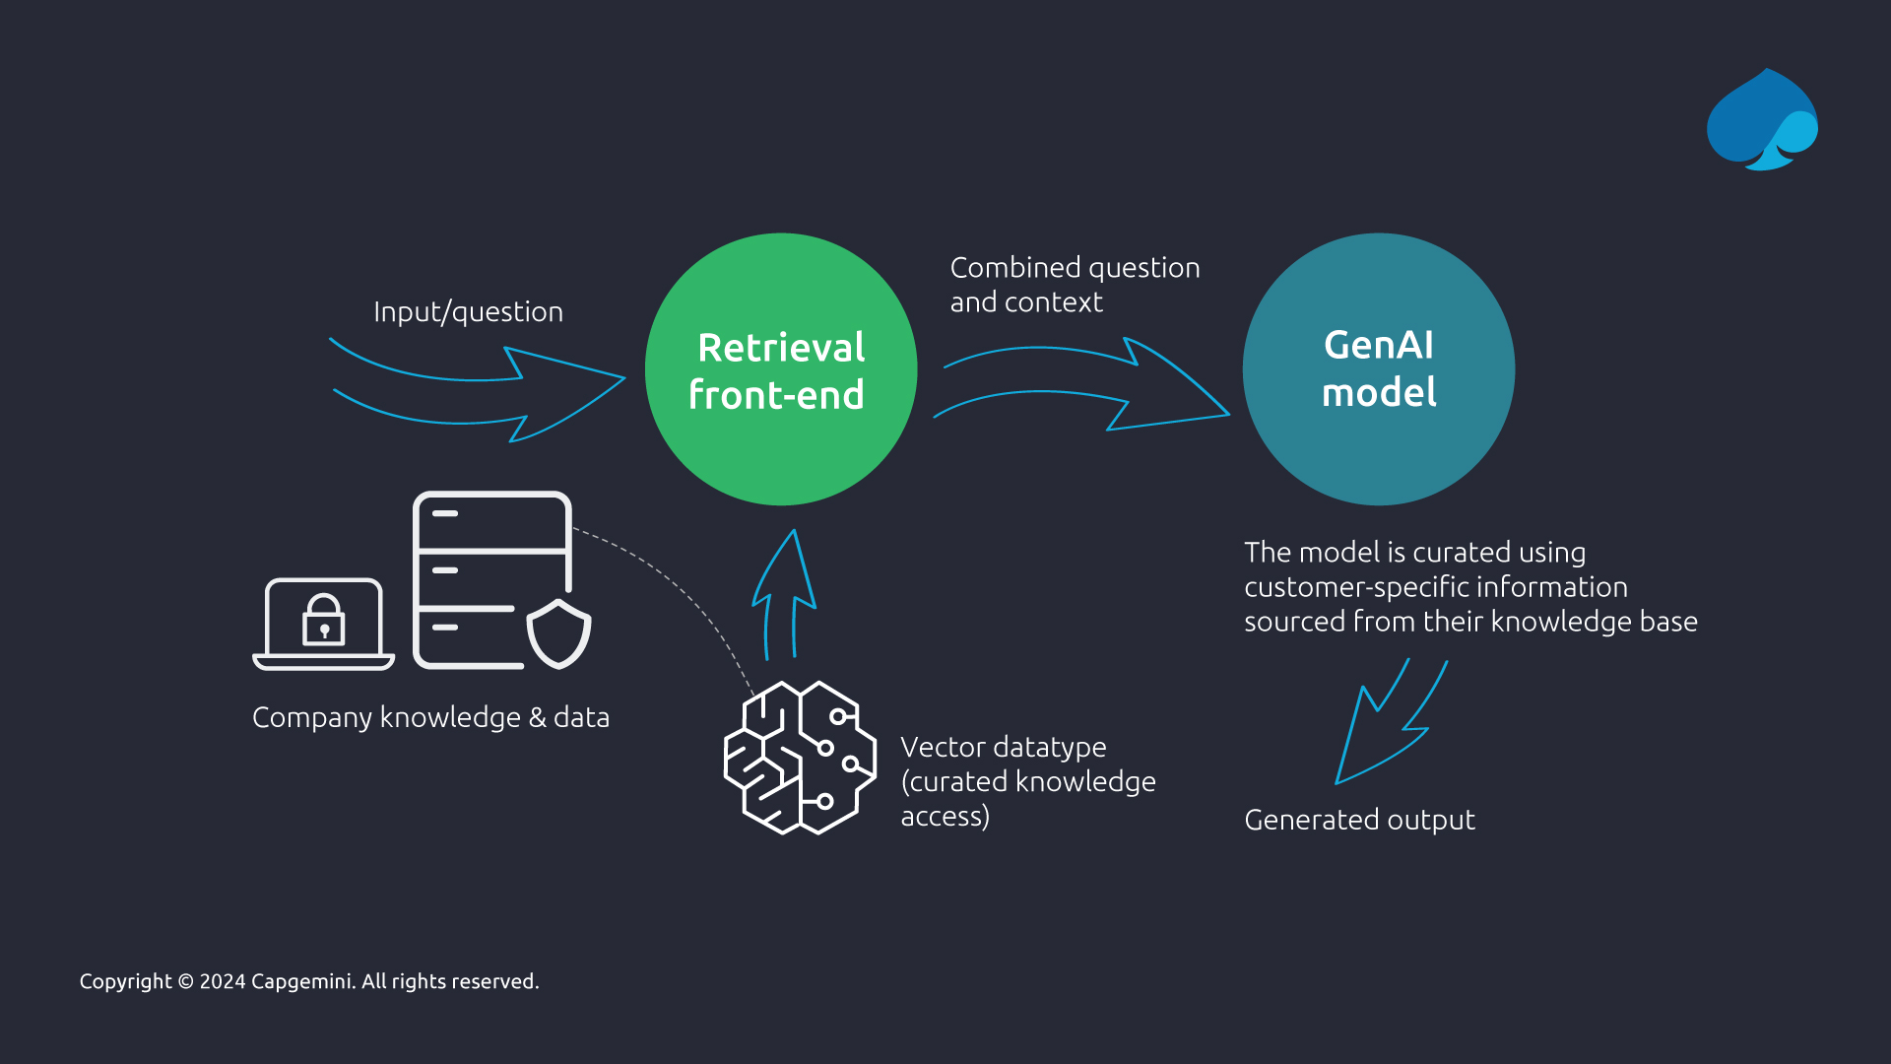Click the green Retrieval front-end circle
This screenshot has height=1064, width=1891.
781,369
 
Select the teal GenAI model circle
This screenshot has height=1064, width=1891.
1378,369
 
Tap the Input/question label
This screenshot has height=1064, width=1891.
468,312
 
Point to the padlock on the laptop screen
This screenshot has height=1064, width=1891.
323,621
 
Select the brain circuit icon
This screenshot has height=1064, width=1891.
799,758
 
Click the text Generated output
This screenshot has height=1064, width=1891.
1359,820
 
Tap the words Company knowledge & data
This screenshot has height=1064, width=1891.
430,717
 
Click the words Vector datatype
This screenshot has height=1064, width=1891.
1003,747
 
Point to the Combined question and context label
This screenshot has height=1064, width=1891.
1074,285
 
